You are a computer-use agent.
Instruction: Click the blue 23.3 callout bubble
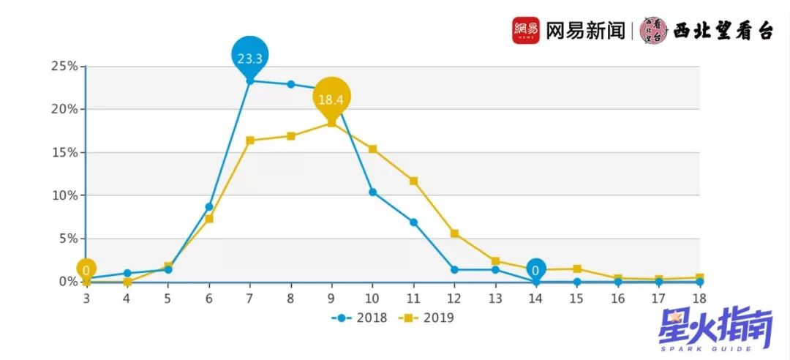click(x=250, y=55)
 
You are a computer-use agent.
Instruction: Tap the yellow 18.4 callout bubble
click(x=332, y=97)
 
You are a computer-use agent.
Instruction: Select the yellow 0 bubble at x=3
click(x=86, y=270)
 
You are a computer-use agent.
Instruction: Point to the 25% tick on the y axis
click(x=64, y=66)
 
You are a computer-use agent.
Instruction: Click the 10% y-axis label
click(x=64, y=195)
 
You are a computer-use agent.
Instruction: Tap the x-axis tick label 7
click(x=249, y=297)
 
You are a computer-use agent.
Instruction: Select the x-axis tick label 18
click(x=700, y=297)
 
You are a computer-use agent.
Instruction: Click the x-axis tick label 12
click(x=454, y=297)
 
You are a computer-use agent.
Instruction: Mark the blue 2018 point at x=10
click(x=372, y=192)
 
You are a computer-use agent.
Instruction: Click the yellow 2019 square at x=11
click(x=413, y=181)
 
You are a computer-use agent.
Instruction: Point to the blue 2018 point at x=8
click(x=290, y=84)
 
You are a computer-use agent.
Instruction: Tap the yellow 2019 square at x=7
click(x=249, y=140)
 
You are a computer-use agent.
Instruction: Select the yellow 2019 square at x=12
click(x=454, y=233)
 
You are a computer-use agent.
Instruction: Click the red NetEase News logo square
click(x=526, y=30)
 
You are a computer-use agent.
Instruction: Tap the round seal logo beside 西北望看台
click(x=653, y=30)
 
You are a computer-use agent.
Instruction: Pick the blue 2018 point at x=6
click(x=209, y=206)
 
